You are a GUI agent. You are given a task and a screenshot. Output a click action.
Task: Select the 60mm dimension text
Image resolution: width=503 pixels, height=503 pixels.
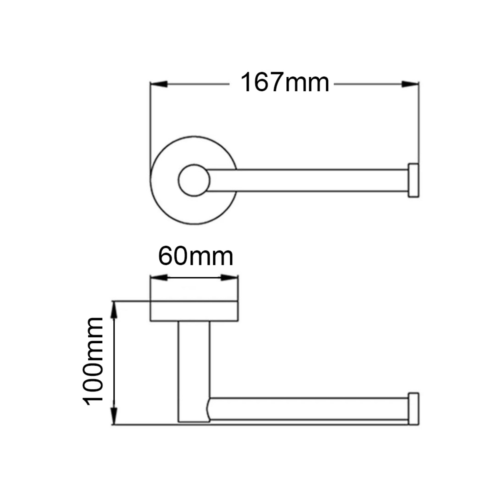(x=196, y=257)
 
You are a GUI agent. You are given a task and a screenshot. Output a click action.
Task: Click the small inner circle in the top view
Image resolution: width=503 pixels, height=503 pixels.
(x=194, y=180)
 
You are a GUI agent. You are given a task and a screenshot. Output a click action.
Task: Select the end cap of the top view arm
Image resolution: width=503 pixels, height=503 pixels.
(x=413, y=180)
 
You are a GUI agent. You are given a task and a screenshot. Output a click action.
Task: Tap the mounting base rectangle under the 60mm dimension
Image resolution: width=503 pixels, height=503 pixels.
(x=194, y=311)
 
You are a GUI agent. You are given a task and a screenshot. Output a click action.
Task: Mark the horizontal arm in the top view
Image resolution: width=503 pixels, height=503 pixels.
(x=307, y=180)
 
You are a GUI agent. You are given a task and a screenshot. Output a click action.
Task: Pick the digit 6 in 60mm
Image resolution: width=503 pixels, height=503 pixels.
(x=166, y=257)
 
